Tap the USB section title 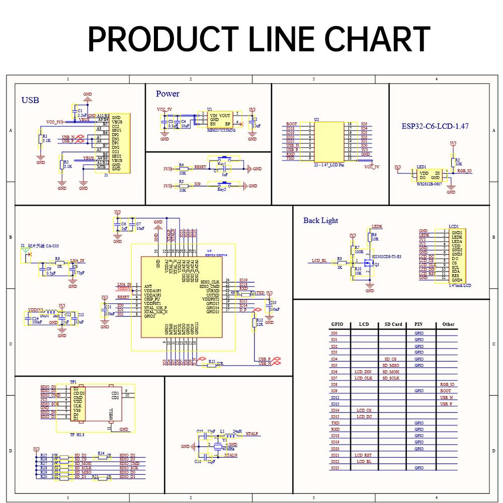click(30, 100)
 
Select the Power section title click(167, 94)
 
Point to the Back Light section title click(320, 220)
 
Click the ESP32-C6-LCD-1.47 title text click(435, 126)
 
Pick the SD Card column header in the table click(393, 324)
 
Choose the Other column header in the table click(448, 324)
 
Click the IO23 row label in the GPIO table click(334, 468)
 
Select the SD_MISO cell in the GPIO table click(391, 365)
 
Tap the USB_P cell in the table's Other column click(446, 404)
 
